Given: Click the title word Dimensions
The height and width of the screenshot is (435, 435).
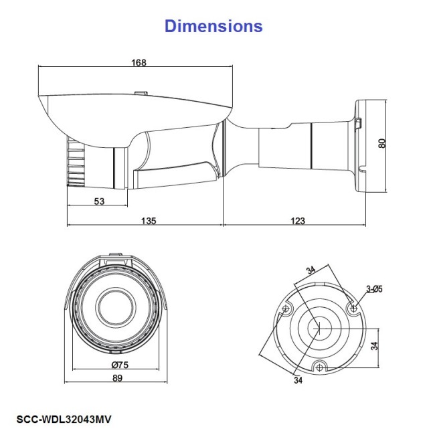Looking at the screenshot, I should point(213,26).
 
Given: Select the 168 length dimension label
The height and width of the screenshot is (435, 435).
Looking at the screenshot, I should point(139,63).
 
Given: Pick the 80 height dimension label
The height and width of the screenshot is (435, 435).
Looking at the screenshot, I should point(382,143).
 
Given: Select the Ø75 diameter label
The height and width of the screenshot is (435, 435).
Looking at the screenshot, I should point(120,365).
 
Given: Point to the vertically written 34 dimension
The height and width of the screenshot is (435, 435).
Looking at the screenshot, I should point(374,347).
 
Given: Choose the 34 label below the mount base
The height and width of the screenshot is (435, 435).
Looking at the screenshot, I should point(296,381).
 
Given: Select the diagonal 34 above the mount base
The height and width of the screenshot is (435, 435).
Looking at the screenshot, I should point(311,271).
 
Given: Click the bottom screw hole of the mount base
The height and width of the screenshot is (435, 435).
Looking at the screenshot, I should point(321,367).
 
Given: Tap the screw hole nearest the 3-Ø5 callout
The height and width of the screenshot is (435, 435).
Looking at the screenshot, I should point(355,309).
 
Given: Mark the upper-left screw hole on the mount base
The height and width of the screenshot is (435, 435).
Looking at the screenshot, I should point(287,309).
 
